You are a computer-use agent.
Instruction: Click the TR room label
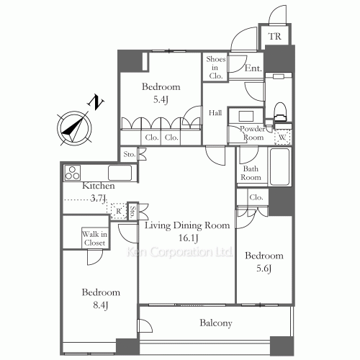(275, 36)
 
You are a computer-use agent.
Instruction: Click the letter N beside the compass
(96, 102)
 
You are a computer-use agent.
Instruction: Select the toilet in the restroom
(280, 112)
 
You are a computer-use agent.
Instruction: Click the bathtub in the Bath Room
(280, 167)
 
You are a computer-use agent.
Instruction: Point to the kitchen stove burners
(72, 173)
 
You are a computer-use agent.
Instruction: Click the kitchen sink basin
(120, 173)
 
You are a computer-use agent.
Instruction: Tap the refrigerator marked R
(119, 211)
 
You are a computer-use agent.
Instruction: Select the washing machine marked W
(282, 137)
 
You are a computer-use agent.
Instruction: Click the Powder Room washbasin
(246, 116)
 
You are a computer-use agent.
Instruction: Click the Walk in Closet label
(94, 238)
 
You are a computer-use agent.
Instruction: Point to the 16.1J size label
(188, 238)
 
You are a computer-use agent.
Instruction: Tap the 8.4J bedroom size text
(100, 305)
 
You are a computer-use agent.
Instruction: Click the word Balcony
(216, 323)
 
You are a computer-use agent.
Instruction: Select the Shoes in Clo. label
(216, 68)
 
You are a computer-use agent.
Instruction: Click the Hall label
(215, 113)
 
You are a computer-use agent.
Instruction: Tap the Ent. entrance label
(253, 68)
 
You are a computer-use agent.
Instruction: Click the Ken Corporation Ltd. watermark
(179, 252)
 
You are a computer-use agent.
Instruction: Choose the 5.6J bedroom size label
(264, 269)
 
